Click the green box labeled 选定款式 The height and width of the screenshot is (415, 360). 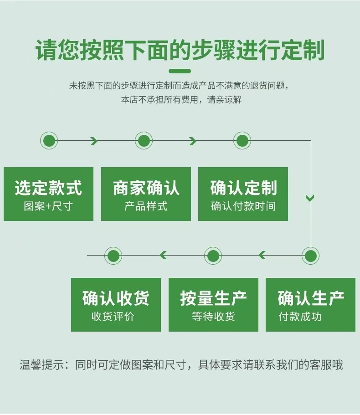pyautogui.click(x=48, y=194)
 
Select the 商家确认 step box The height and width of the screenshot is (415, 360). pyautogui.click(x=146, y=194)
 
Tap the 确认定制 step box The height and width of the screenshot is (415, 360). pyautogui.click(x=243, y=194)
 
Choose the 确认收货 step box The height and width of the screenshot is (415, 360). pyautogui.click(x=116, y=304)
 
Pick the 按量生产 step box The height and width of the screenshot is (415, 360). pyautogui.click(x=213, y=304)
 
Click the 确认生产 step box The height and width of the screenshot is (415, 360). pyautogui.click(x=310, y=304)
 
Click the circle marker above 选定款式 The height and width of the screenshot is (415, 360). pyautogui.click(x=49, y=141)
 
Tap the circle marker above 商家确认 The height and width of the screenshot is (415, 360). pyautogui.click(x=144, y=141)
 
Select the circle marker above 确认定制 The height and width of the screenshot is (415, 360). pyautogui.click(x=242, y=141)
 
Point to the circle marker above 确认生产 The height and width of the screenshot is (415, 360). pyautogui.click(x=311, y=256)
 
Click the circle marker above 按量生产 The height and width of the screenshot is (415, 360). pyautogui.click(x=213, y=256)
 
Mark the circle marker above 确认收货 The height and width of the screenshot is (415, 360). pyautogui.click(x=113, y=256)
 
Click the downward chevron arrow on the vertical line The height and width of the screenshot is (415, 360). pyautogui.click(x=310, y=198)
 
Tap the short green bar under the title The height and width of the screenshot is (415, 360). pyautogui.click(x=180, y=71)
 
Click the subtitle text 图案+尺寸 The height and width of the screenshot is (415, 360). pyautogui.click(x=48, y=206)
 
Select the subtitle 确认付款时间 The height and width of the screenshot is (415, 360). pyautogui.click(x=243, y=206)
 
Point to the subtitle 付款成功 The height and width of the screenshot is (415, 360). pyautogui.click(x=300, y=317)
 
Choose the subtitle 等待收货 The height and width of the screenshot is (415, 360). pyautogui.click(x=213, y=317)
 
